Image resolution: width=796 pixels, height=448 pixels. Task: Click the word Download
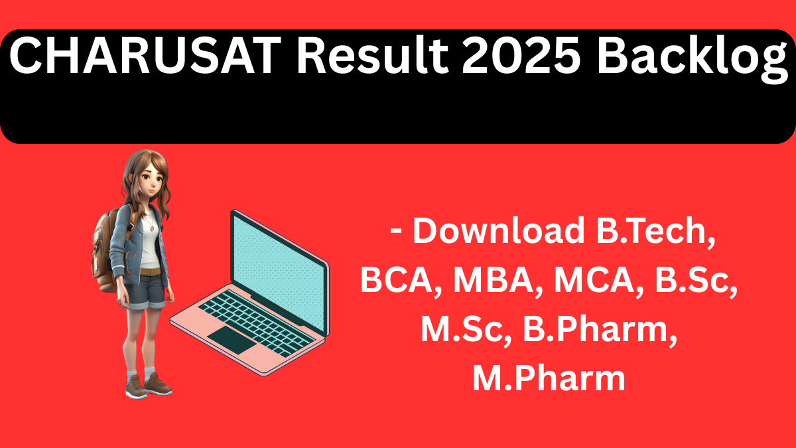pos(497,231)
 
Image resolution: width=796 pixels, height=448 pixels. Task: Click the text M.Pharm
pos(549,380)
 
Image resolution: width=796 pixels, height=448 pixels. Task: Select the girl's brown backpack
pos(106,246)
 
